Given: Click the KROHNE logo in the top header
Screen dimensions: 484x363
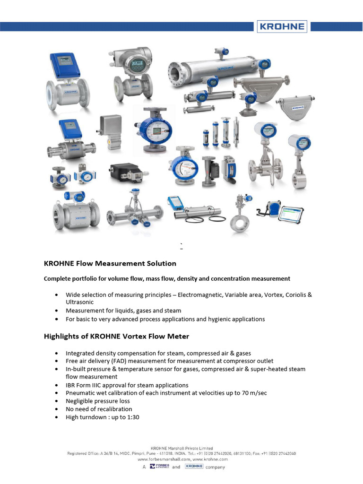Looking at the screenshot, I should [282, 26].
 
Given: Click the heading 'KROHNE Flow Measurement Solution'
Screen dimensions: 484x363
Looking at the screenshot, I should [110, 264].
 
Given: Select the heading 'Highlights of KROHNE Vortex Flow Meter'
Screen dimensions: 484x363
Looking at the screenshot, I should [116, 337].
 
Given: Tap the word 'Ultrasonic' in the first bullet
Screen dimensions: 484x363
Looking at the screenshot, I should [80, 302].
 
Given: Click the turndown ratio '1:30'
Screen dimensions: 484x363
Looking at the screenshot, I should [132, 417].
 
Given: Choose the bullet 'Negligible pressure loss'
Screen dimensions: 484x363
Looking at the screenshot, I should [98, 401].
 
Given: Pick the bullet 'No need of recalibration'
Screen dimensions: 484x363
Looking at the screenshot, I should [99, 409].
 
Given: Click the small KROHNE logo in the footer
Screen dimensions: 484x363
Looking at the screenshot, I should [194, 467].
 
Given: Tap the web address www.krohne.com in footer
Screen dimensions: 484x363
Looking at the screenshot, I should [210, 459].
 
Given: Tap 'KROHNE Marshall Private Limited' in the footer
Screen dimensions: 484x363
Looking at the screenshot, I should [181, 448].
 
